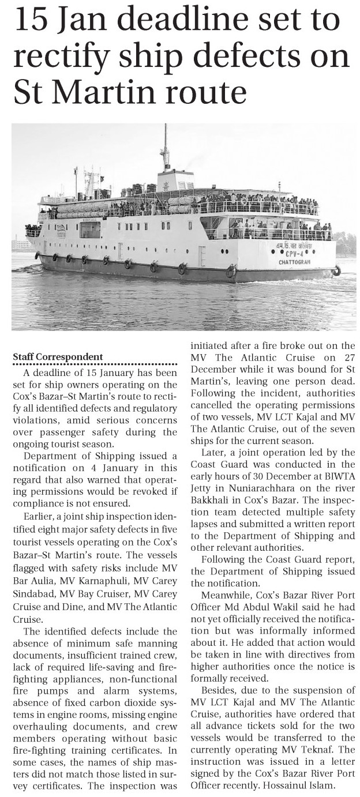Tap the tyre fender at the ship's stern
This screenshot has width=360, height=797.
click(x=337, y=270)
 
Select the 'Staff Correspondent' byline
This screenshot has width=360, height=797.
click(x=58, y=357)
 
